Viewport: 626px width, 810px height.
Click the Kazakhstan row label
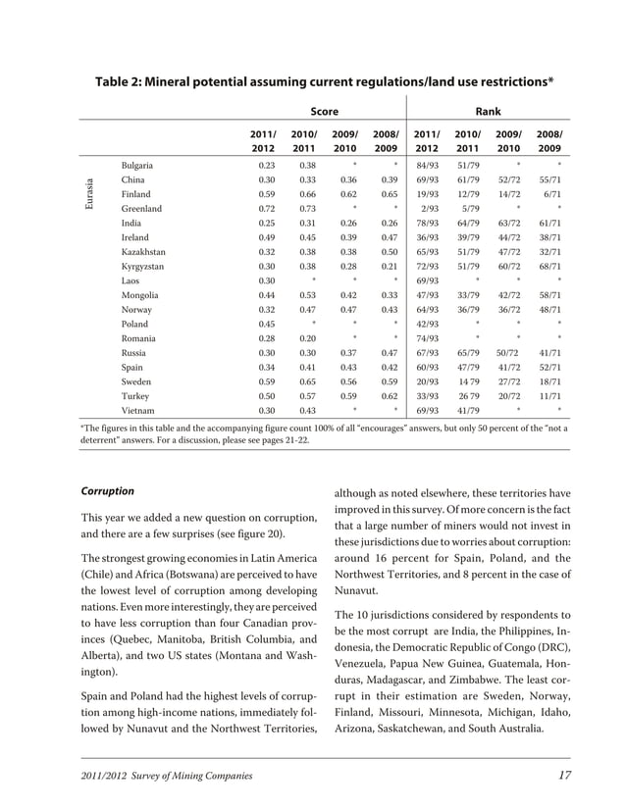142,251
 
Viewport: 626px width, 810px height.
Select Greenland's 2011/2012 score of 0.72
264,209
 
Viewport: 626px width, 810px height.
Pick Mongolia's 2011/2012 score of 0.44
264,294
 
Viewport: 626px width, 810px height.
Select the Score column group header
324,112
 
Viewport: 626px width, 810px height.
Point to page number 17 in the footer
563,776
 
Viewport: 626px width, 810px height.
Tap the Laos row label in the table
130,280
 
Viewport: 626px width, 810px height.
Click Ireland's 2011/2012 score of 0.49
264,237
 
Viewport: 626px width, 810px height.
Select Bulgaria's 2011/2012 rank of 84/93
427,166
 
